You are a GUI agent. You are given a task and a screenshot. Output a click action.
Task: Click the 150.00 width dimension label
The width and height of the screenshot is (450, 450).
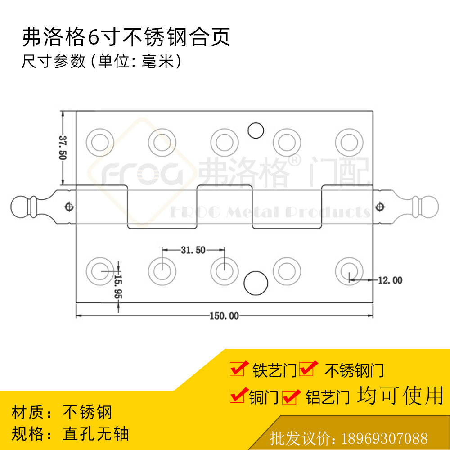pos(224,316)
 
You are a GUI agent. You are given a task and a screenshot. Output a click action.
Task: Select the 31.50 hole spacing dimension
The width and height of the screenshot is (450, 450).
pos(193,250)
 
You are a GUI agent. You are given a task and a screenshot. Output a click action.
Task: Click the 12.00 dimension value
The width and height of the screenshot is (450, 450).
pos(390,280)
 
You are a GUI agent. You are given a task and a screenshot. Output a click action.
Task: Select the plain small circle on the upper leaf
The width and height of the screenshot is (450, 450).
pos(256,130)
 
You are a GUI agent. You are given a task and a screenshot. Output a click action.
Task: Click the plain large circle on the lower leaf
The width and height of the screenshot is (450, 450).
pos(256,283)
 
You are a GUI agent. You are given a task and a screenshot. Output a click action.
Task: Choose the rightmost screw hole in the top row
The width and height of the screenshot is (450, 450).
pos(349,142)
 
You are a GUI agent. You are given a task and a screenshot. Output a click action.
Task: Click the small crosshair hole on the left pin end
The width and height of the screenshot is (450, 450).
pos(69,207)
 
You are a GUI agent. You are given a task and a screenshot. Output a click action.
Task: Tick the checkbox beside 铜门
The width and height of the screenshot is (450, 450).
pos(237,396)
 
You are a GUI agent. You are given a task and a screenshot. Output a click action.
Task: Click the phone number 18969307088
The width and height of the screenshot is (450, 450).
pos(385,438)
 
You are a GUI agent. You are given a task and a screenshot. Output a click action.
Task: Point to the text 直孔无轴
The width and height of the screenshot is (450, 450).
pos(96,433)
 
